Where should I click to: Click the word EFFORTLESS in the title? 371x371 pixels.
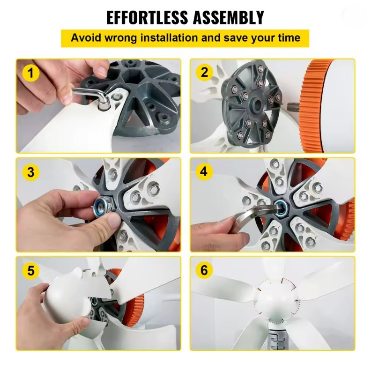click(147, 17)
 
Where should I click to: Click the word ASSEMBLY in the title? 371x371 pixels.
click(228, 17)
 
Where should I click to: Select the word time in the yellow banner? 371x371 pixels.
click(289, 38)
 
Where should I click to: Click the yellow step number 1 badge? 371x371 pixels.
click(30, 73)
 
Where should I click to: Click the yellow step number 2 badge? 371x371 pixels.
click(204, 72)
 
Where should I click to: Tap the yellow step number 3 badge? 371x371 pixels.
click(30, 172)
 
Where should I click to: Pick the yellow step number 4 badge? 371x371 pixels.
click(204, 171)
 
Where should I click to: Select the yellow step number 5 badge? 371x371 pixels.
click(30, 271)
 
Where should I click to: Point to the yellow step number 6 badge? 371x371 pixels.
click(204, 270)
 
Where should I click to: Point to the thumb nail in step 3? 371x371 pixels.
click(113, 221)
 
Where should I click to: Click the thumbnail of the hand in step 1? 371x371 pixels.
click(102, 71)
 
